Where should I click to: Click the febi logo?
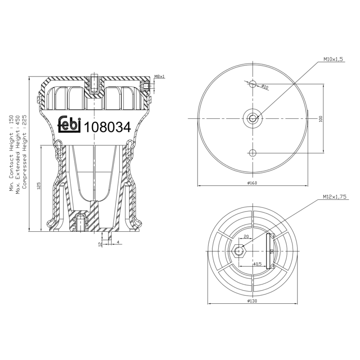69,124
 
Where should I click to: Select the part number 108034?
108,127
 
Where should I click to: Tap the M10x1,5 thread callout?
333,59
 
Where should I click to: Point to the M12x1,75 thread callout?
334,197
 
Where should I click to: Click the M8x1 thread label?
160,76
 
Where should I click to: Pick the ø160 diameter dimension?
252,183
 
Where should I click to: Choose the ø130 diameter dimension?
252,301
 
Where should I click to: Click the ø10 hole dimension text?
265,87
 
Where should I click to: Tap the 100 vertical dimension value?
321,119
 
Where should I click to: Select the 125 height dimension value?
39,185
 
